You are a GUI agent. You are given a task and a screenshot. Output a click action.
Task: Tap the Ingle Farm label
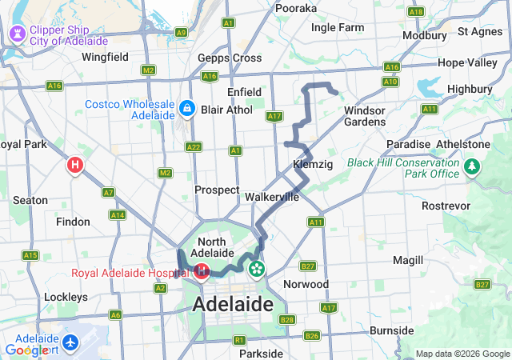337,27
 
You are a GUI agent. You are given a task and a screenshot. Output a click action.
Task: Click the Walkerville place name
272,196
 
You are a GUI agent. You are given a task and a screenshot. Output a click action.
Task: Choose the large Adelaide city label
233,305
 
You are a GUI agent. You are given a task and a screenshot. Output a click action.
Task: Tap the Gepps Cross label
230,58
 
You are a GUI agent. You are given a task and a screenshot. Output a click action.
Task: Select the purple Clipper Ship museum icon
16,34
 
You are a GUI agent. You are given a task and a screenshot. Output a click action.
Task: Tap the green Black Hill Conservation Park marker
473,167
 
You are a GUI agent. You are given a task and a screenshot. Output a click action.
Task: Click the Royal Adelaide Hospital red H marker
202,272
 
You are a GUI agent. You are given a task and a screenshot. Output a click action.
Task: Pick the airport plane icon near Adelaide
73,342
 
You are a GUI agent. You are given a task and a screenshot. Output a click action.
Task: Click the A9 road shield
182,33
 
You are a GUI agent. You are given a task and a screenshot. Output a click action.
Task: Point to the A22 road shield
193,146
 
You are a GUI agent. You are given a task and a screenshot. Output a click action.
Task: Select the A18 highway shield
415,11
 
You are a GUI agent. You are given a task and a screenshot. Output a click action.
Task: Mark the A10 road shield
390,82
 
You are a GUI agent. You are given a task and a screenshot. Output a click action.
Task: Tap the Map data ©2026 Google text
462,354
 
